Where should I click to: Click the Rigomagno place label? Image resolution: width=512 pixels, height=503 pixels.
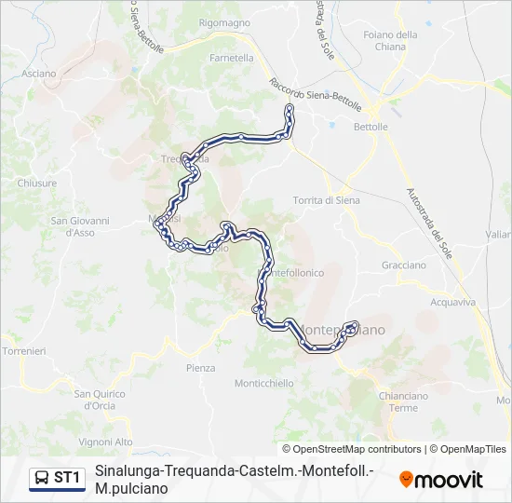coord(224,22)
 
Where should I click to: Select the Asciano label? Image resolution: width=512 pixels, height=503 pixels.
coord(39,73)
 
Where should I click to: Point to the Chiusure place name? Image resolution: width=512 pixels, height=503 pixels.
coord(37,184)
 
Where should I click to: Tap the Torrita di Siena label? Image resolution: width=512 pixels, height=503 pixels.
coord(326,200)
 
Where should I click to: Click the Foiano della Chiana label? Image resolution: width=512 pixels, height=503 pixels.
coord(391,40)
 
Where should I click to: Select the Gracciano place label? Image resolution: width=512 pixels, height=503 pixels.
coord(403,265)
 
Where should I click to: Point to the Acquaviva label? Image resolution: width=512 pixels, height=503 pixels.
coord(453,302)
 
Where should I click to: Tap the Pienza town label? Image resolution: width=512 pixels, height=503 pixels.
coord(200,368)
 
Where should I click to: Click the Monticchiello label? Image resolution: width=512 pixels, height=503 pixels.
coord(264,383)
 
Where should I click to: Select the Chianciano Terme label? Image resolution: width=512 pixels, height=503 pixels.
coord(404,401)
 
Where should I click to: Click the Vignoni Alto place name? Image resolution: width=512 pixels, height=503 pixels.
coord(106,442)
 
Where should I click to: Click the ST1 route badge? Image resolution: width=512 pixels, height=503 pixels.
coord(58,478)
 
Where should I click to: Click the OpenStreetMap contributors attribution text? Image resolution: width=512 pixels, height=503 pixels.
coord(357,449)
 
